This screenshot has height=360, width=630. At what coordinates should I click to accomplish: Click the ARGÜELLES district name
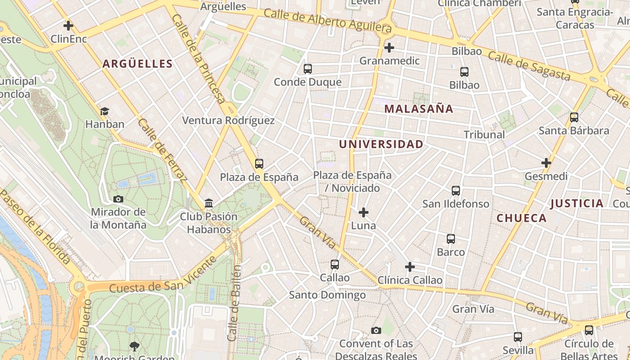coord(138,64)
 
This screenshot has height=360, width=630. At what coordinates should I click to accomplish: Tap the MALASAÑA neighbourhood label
coord(418,109)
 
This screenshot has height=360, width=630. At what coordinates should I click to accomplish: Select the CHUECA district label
coord(522,218)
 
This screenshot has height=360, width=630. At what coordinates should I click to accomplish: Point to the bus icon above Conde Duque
coord(308,69)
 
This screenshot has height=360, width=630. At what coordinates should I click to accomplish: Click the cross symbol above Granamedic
coord(389,47)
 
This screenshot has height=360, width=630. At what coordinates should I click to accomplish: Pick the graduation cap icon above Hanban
coord(104,111)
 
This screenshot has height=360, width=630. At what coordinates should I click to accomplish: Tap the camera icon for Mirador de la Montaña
coord(118,199)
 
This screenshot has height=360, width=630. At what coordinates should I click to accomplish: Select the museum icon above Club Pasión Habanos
coord(209,203)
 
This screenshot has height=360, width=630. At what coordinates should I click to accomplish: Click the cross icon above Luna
coord(364,212)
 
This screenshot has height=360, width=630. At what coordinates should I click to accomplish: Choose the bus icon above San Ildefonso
coord(456,191)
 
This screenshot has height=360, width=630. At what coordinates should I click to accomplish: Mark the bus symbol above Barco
coord(451,239)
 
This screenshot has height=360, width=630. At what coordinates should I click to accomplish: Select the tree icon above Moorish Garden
coord(134,346)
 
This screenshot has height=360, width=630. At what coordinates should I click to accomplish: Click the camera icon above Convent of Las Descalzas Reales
coord(376,331)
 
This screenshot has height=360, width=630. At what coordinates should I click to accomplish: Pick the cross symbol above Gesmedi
coord(546,163)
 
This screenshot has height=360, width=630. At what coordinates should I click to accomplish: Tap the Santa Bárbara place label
coord(574,131)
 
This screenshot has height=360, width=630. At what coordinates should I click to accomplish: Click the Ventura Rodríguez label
coord(228,121)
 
